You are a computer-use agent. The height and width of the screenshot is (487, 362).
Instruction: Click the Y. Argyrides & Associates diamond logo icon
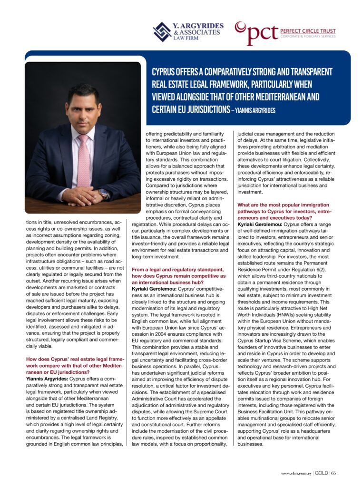pyautogui.click(x=162, y=32)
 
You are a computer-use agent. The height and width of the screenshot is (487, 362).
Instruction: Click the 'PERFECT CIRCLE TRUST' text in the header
pyautogui.click(x=307, y=30)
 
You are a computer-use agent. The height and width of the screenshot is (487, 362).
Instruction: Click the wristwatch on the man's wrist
pyautogui.click(x=104, y=193)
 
